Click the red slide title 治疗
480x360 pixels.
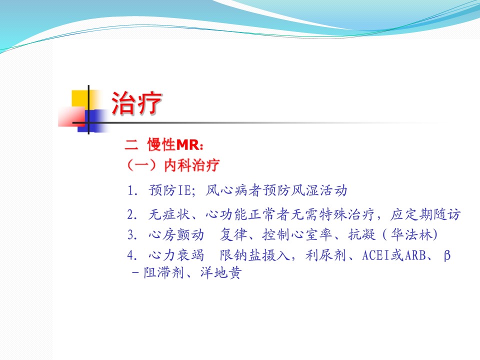(136, 103)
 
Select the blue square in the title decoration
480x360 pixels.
(91, 120)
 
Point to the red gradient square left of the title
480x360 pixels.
(71, 116)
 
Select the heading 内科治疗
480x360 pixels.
(191, 165)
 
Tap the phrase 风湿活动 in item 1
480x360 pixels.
(318, 190)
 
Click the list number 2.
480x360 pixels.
(132, 214)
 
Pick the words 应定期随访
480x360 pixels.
(425, 214)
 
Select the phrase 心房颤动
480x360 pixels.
(176, 235)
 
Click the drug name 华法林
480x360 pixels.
(411, 235)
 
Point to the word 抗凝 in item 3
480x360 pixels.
(362, 235)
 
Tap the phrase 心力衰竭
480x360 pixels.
(176, 254)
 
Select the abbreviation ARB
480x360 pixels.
(415, 255)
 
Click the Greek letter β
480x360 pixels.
(447, 255)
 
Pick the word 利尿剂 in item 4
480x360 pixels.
(325, 254)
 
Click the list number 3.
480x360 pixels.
(132, 235)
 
